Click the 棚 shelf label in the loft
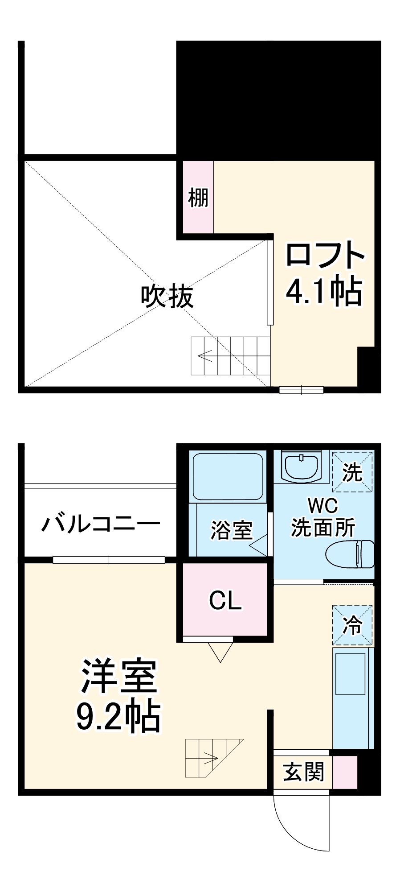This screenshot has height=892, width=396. click(x=198, y=197)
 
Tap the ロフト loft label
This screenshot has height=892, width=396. click(x=325, y=255)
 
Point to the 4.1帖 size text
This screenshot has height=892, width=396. click(x=324, y=292)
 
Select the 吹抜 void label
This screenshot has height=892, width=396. click(x=167, y=296)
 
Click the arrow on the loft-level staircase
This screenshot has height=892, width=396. click(x=205, y=355)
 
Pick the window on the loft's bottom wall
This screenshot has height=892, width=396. click(x=301, y=390)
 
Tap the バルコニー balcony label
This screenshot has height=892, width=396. click(x=101, y=523)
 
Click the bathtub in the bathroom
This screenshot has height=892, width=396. click(x=227, y=476)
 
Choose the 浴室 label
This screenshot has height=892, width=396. click(x=231, y=530)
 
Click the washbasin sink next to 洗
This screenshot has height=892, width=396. click(x=302, y=467)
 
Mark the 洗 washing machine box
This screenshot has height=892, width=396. click(x=352, y=472)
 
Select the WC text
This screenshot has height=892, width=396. click(x=323, y=506)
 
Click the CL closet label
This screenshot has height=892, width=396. click(x=225, y=600)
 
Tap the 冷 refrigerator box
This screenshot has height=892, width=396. click(x=352, y=625)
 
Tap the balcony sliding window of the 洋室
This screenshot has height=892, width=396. click(x=109, y=560)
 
